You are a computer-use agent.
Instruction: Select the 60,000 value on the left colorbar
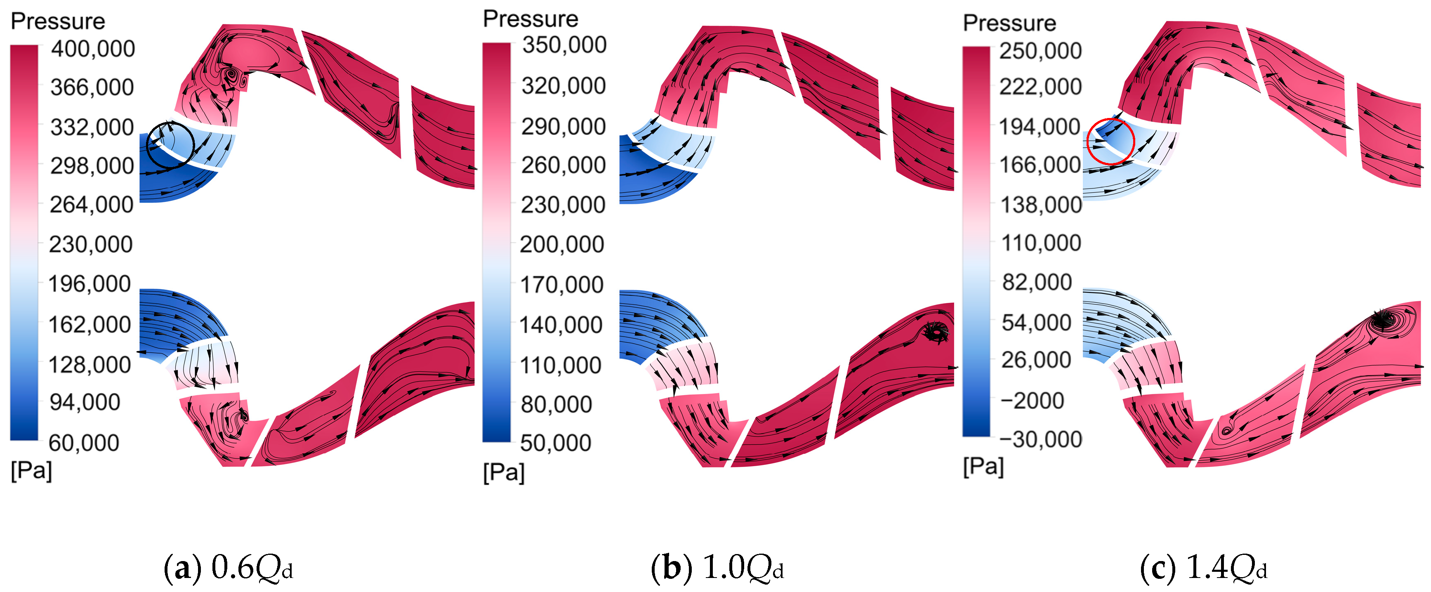click(x=84, y=443)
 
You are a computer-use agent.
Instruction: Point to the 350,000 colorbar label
click(x=564, y=45)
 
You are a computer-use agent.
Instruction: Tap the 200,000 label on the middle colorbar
click(x=561, y=244)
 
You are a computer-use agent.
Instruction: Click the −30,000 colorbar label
click(x=1040, y=439)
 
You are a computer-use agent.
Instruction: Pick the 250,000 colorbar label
click(x=1040, y=51)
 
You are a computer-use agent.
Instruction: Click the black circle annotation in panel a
click(x=170, y=145)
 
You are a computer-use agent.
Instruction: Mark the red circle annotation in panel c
click(x=1110, y=141)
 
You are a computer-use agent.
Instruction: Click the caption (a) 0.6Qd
click(x=228, y=568)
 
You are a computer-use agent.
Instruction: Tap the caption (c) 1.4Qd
click(x=1203, y=568)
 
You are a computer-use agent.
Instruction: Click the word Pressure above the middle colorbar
click(x=530, y=19)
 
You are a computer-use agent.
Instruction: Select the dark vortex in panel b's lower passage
click(x=936, y=332)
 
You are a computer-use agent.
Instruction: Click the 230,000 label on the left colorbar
click(x=91, y=244)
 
